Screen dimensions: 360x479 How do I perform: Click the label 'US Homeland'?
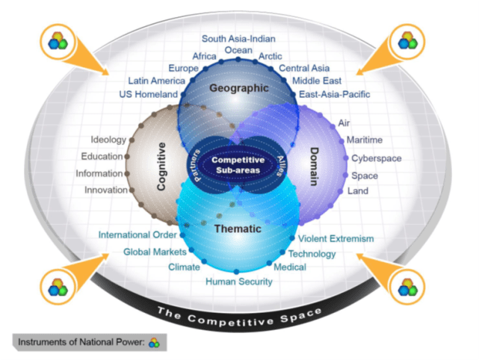149,95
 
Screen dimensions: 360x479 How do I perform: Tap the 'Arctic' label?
270,56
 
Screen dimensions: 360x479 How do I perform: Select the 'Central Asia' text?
304,69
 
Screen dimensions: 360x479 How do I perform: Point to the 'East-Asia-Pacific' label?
334,95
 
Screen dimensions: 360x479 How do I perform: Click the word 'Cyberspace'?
377,158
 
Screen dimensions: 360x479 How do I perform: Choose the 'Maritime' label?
365,140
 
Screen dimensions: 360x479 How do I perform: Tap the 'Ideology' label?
108,140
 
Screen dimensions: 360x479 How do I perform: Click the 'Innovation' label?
105,190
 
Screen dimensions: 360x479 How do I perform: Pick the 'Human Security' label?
239,282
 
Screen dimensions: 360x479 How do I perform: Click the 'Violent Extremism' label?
336,239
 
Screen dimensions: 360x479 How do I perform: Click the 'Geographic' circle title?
238,88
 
